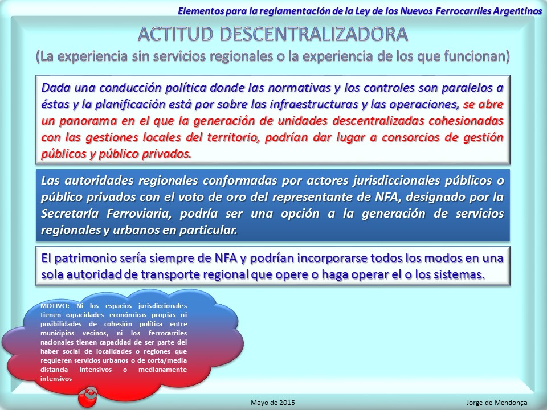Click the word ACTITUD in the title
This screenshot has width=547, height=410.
(175, 34)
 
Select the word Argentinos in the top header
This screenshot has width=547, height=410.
(518, 11)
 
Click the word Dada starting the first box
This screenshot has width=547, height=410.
(56, 88)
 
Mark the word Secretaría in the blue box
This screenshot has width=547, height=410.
(70, 213)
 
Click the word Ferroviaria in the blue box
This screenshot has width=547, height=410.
(139, 214)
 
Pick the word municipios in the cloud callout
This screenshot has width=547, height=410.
(57, 333)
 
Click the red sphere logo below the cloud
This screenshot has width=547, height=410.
(88, 396)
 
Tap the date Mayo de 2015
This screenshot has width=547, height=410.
(273, 403)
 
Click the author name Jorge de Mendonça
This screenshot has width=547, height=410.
(497, 403)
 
